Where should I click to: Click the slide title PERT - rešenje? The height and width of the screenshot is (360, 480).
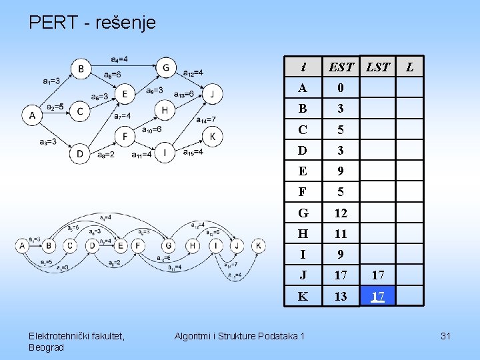(92, 23)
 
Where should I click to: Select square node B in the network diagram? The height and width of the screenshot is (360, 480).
(81, 68)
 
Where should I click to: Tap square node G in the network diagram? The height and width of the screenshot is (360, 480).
(166, 67)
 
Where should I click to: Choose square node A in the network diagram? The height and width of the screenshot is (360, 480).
(32, 115)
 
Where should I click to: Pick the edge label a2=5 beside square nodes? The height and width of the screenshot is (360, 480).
(55, 107)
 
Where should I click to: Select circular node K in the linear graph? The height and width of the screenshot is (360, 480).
(259, 245)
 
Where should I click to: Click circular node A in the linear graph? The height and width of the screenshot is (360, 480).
(22, 245)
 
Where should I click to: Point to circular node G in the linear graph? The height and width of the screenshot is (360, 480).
(169, 245)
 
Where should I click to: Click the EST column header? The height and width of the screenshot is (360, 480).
(341, 67)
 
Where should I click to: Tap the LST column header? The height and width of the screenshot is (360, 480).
(377, 67)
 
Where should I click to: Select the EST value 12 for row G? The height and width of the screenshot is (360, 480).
(341, 213)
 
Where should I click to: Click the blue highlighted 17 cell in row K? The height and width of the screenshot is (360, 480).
(377, 296)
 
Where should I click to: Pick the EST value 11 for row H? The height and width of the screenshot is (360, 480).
(341, 234)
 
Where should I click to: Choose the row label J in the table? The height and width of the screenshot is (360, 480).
(303, 275)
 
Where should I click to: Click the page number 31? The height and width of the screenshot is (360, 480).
(446, 336)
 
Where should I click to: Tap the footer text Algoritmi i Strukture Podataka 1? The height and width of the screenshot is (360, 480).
(239, 336)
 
